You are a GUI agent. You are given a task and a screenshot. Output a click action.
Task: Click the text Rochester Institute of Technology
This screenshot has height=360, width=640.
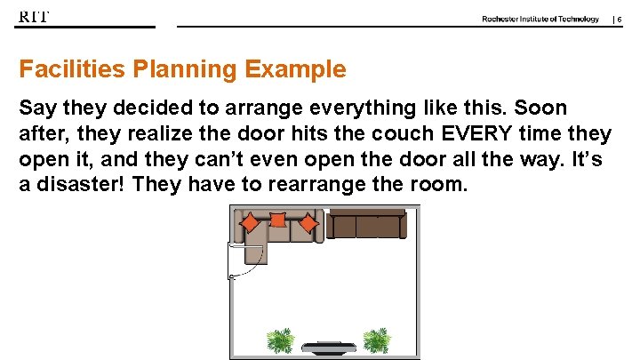coord(540,19)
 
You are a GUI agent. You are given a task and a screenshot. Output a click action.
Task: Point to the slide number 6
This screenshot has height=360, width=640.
coord(619,20)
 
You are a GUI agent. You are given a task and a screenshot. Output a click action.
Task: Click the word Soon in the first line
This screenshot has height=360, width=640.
coord(539,108)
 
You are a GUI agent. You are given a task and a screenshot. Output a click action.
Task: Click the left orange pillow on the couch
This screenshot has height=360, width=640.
coord(252,222)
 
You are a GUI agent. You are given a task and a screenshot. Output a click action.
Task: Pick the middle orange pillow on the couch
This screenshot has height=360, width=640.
coord(277,220)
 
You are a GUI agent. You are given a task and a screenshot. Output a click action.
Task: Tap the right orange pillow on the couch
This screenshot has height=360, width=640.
coord(308,222)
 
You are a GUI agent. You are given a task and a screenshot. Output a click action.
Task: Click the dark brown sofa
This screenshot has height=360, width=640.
coord(365,225)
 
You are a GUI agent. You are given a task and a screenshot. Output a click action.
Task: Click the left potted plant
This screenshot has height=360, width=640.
coord(281,340)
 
